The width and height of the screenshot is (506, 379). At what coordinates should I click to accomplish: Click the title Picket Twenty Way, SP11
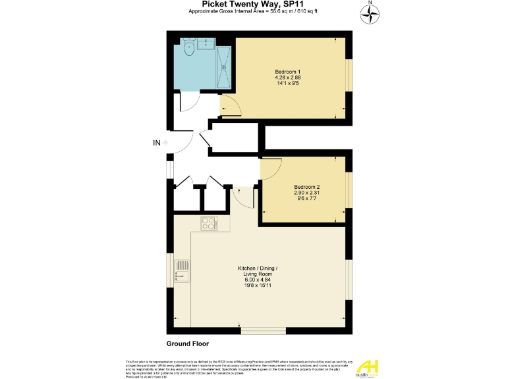point(252,5)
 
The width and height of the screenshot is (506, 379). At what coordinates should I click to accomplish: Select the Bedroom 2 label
point(306,186)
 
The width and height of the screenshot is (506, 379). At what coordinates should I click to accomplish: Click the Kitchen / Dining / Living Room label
point(262,272)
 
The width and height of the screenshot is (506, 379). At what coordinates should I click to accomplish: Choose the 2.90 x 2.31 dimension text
point(306,192)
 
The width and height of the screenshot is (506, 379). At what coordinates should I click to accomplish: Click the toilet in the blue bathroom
point(189,50)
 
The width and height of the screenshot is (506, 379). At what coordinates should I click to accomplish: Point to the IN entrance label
point(157,143)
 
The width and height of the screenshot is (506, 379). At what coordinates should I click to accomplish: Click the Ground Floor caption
point(188,343)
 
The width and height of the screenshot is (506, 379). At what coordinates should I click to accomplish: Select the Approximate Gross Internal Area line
point(252,12)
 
